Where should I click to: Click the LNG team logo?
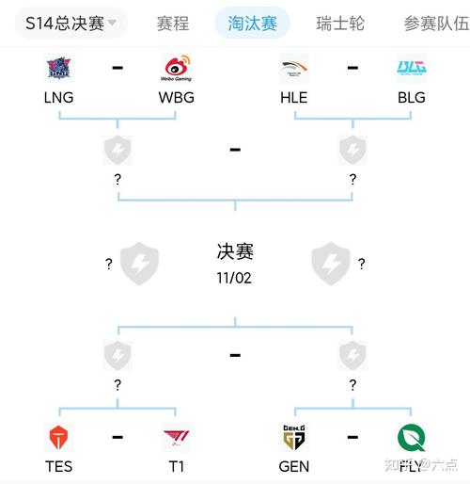pyautogui.click(x=59, y=69)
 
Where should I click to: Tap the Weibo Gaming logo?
pyautogui.click(x=176, y=69)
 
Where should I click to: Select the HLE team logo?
pyautogui.click(x=294, y=69)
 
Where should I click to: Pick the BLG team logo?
pyautogui.click(x=411, y=69)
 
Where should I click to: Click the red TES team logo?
pyautogui.click(x=59, y=438)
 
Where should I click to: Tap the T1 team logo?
pyautogui.click(x=176, y=438)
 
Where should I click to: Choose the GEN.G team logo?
pyautogui.click(x=294, y=438)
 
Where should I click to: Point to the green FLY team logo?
pyautogui.click(x=411, y=438)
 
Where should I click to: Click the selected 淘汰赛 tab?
pyautogui.click(x=252, y=23)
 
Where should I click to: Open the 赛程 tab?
pyautogui.click(x=173, y=23)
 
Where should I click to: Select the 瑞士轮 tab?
pyautogui.click(x=339, y=23)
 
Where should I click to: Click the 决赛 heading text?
pyautogui.click(x=235, y=252)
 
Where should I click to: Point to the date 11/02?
pyautogui.click(x=235, y=279)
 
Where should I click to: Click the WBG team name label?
pyautogui.click(x=176, y=97)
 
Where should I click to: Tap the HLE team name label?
pyautogui.click(x=294, y=97)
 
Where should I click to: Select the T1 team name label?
pyautogui.click(x=176, y=465)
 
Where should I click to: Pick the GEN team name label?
pyautogui.click(x=294, y=465)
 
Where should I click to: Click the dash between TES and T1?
pyautogui.click(x=117, y=437)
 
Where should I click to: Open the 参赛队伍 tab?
pyautogui.click(x=435, y=23)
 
